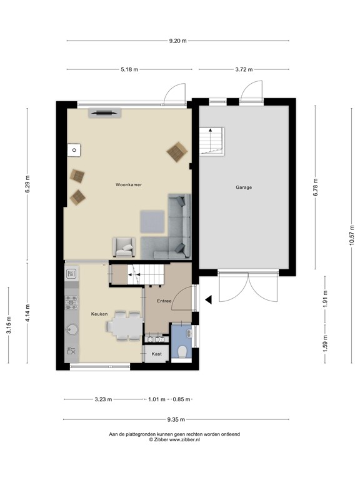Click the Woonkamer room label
pos(127,186)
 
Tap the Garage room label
pos(244,187)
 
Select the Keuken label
pos(99,314)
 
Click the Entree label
pos(164,301)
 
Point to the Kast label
pos(157,354)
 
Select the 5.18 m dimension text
pos(128,69)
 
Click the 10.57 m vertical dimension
pos(351,235)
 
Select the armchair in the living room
pos(123,247)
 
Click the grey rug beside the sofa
pos(152,220)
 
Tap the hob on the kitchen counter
pos(71,302)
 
